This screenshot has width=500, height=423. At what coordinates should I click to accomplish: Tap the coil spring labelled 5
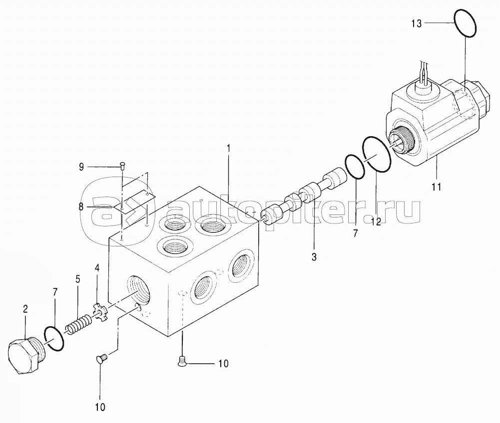pos(79,324)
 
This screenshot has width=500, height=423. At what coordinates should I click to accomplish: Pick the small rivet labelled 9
pos(123,165)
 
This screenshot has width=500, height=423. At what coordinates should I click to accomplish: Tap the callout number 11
pos(437,187)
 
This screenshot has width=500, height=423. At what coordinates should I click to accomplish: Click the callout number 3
pos(314,257)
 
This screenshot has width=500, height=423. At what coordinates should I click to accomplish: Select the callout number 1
pos(228,149)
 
